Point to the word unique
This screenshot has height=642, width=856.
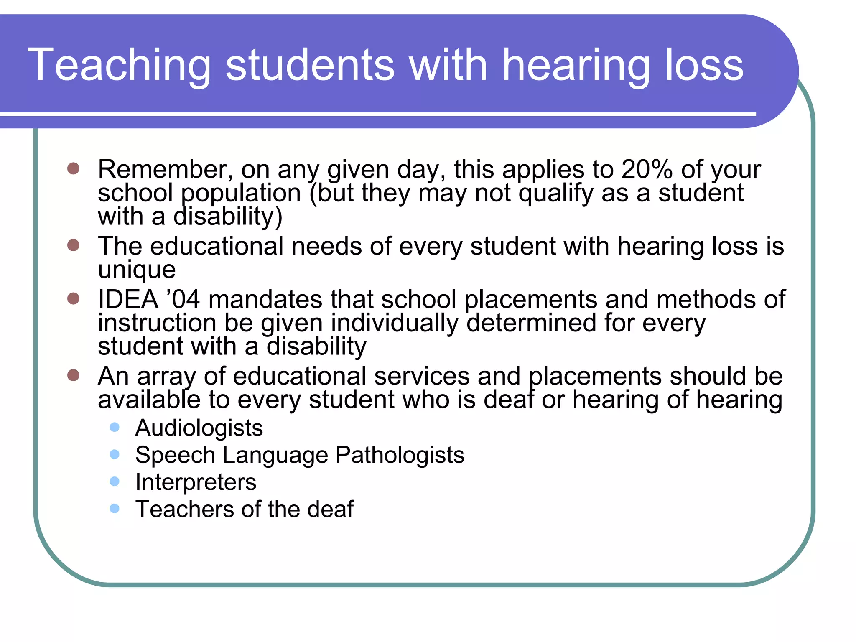(x=137, y=270)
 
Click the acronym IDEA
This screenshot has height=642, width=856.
(x=128, y=300)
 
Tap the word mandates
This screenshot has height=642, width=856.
(x=265, y=300)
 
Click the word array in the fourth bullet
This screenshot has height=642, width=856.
(x=166, y=376)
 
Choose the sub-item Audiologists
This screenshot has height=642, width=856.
(x=199, y=428)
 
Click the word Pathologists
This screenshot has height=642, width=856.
(x=400, y=455)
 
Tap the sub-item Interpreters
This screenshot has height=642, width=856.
(x=196, y=482)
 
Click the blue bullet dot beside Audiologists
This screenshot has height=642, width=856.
(x=115, y=427)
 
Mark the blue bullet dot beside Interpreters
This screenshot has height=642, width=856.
(x=115, y=481)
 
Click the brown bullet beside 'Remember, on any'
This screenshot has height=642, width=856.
(x=73, y=168)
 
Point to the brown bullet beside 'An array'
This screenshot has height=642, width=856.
(x=73, y=375)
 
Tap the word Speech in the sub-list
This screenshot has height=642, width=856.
(x=175, y=455)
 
